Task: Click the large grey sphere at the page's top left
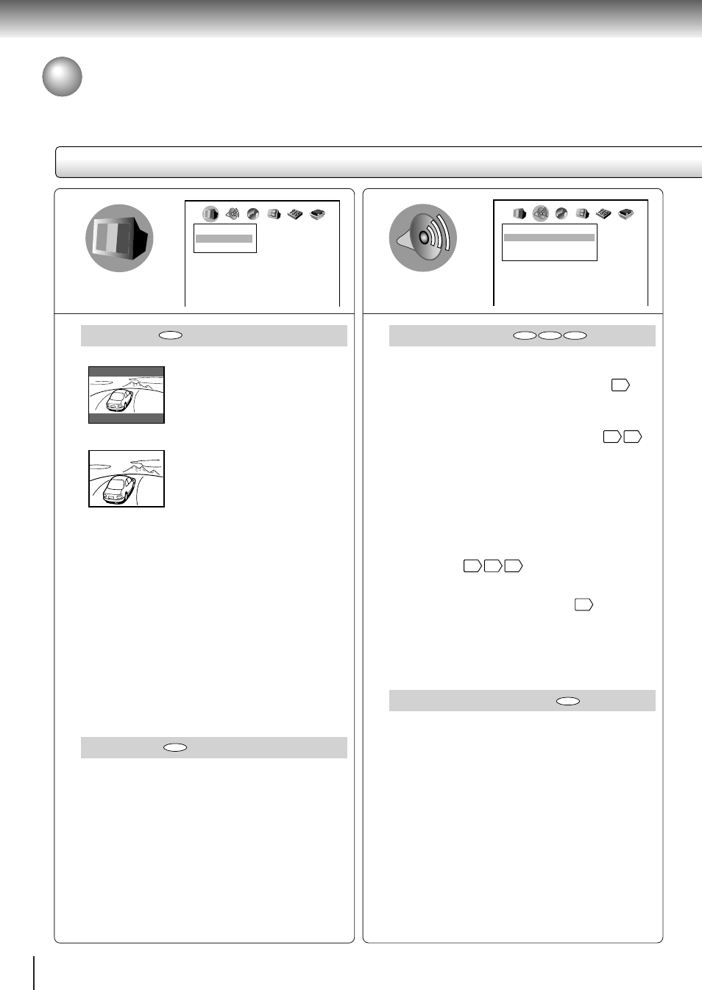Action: point(62,76)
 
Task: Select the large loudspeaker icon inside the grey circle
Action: point(423,238)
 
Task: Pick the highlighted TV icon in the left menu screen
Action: point(210,214)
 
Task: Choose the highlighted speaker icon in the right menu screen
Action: point(541,213)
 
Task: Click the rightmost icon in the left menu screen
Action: point(318,214)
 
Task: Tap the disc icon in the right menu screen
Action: point(561,213)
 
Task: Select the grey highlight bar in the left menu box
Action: point(224,238)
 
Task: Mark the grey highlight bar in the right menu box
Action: point(549,238)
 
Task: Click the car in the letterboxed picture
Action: point(119,400)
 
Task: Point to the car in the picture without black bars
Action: point(118,489)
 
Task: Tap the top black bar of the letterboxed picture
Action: point(127,372)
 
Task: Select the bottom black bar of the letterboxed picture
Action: point(127,418)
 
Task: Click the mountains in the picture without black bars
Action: point(140,466)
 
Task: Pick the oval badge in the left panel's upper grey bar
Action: point(171,335)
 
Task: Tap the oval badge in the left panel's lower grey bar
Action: point(175,747)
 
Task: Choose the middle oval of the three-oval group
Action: point(550,335)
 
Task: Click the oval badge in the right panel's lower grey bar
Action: point(568,701)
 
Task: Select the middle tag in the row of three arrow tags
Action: point(493,566)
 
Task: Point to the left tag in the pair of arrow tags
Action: point(611,437)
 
